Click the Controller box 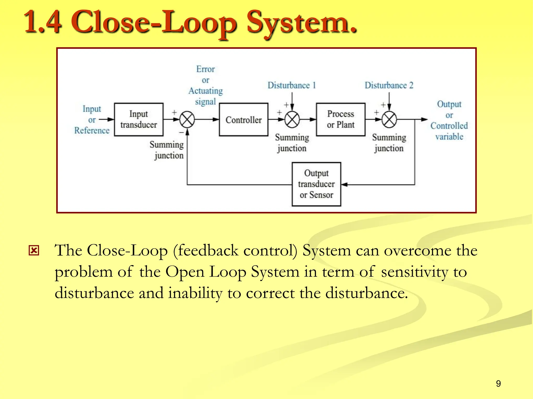click(x=244, y=119)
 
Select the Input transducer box click(x=139, y=119)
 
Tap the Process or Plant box click(x=340, y=119)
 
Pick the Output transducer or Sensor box click(x=316, y=184)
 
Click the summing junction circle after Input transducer click(x=187, y=119)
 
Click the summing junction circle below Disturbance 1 click(x=292, y=119)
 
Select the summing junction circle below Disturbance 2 click(x=389, y=119)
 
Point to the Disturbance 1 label click(x=291, y=85)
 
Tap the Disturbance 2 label click(x=389, y=85)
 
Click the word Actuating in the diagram click(x=206, y=91)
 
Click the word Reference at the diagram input click(x=92, y=130)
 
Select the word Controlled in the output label click(x=449, y=126)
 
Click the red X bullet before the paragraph click(x=34, y=251)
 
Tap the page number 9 click(x=498, y=383)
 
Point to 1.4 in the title click(x=43, y=22)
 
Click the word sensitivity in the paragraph click(x=415, y=272)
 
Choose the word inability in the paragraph click(x=195, y=293)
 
